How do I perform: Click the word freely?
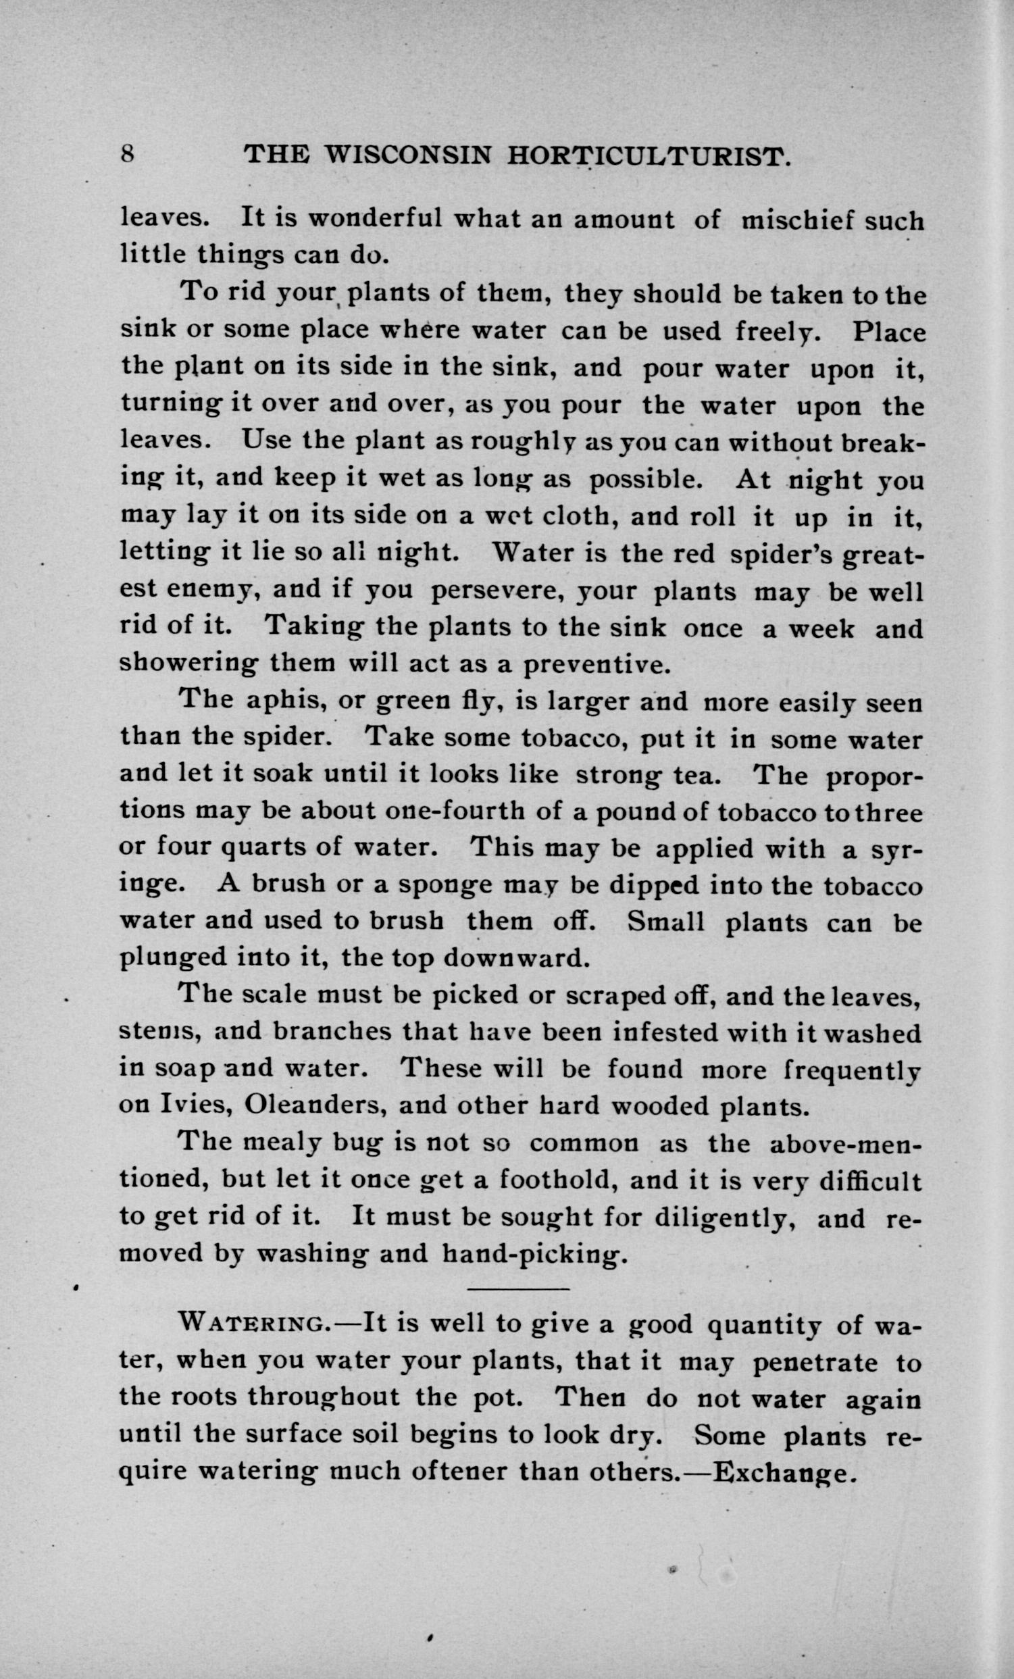(x=776, y=331)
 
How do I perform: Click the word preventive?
(x=597, y=663)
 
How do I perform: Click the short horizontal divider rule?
(x=518, y=1288)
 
